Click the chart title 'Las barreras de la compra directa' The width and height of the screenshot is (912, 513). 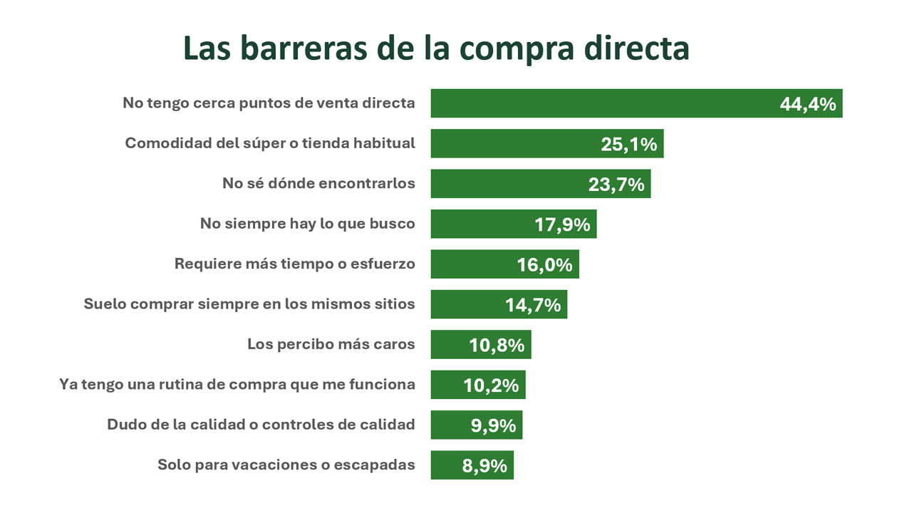pyautogui.click(x=436, y=49)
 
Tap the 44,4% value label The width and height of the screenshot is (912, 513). pyautogui.click(x=807, y=104)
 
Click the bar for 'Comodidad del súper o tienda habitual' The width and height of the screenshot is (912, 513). pyautogui.click(x=513, y=143)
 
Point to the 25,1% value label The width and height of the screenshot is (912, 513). pyautogui.click(x=628, y=144)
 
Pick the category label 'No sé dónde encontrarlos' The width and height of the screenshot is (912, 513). pyautogui.click(x=318, y=183)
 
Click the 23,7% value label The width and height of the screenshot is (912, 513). pyautogui.click(x=616, y=185)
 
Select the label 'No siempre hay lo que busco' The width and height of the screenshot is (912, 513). pyautogui.click(x=307, y=224)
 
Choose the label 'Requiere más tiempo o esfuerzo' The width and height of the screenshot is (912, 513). pyautogui.click(x=294, y=264)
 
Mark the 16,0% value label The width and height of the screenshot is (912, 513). pyautogui.click(x=544, y=265)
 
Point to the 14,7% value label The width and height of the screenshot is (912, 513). pyautogui.click(x=533, y=305)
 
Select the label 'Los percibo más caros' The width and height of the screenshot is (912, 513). pyautogui.click(x=331, y=344)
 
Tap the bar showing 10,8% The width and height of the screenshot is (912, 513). pyautogui.click(x=449, y=345)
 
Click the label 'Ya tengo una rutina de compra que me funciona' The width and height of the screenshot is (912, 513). pyautogui.click(x=237, y=385)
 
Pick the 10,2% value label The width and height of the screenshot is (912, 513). pyautogui.click(x=491, y=385)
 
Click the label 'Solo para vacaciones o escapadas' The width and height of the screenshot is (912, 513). pyautogui.click(x=286, y=465)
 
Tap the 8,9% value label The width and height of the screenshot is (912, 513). pyautogui.click(x=484, y=466)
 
